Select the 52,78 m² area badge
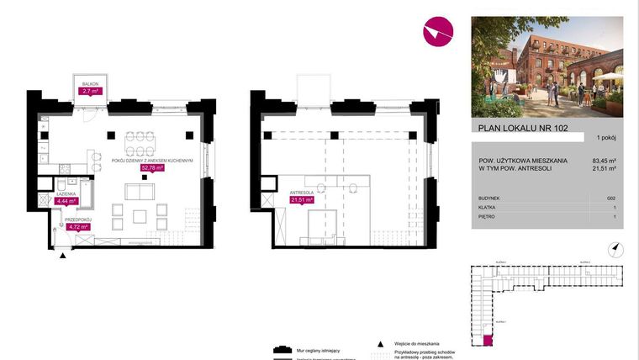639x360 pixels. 152,167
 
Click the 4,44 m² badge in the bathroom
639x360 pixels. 66,201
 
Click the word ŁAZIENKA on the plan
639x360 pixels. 67,194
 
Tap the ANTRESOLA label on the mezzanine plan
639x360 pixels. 302,193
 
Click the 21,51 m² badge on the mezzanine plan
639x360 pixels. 302,200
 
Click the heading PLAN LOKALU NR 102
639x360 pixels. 510,129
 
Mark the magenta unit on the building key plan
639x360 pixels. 488,341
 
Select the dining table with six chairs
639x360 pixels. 140,138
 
